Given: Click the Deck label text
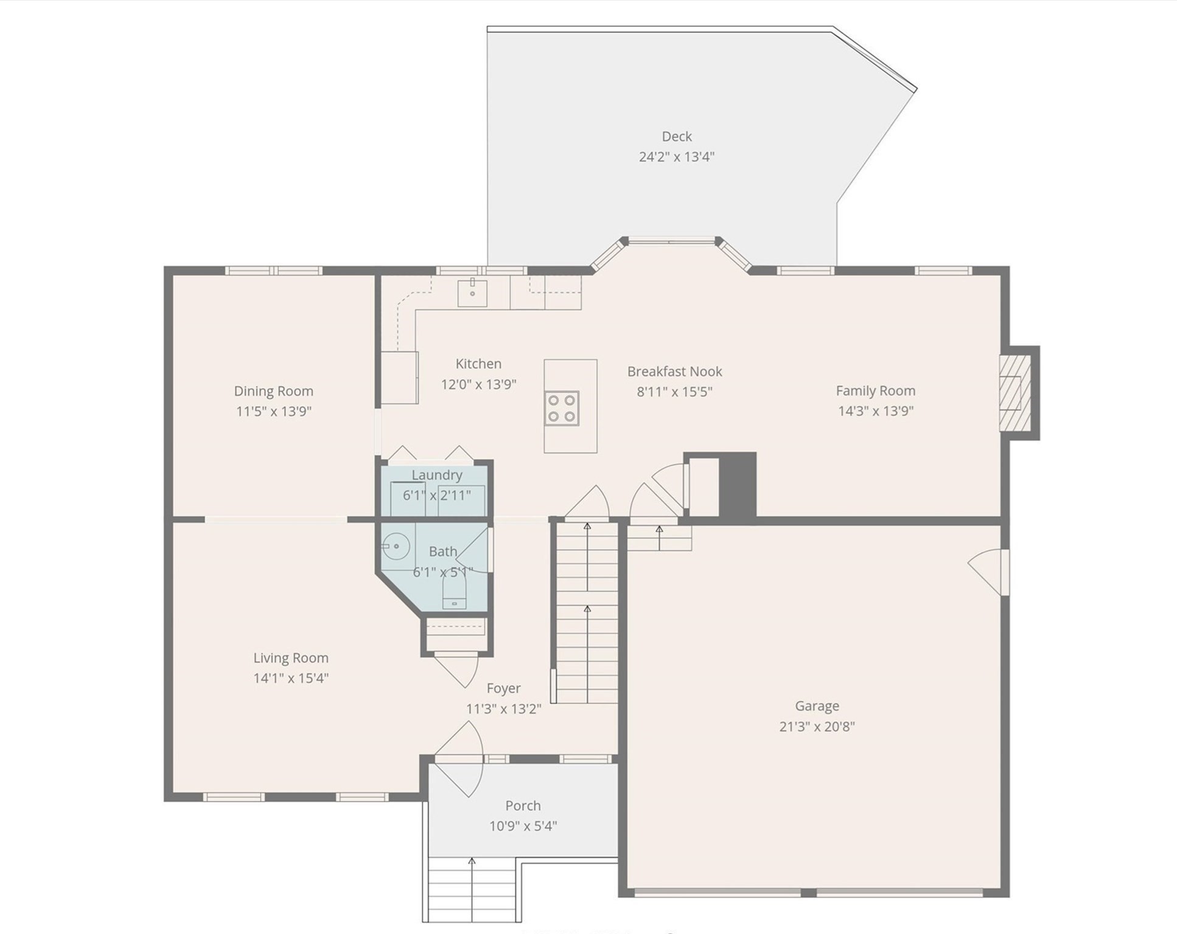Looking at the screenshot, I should [x=676, y=136].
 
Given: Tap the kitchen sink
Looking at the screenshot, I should [x=472, y=292].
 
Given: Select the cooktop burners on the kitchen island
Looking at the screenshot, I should [x=562, y=408].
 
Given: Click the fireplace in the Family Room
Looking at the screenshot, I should [x=1015, y=393].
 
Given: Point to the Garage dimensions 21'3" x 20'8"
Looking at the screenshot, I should [x=817, y=726].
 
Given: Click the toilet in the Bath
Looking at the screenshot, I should [x=454, y=592].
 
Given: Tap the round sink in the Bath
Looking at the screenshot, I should [x=396, y=546].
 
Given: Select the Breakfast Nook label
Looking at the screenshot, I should [x=674, y=371].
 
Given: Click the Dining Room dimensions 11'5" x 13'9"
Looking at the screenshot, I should [x=273, y=411].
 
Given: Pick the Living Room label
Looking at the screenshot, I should [x=290, y=657].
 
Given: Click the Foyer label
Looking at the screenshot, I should [x=503, y=688].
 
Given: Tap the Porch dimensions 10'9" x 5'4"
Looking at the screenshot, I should [x=523, y=826].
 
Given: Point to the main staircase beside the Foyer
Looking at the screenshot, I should [x=587, y=614].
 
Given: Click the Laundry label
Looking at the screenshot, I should [x=436, y=475].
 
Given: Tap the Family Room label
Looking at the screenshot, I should [x=875, y=390].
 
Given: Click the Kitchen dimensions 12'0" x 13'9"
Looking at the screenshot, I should [x=478, y=384].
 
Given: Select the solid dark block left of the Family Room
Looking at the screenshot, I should [x=738, y=485].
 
